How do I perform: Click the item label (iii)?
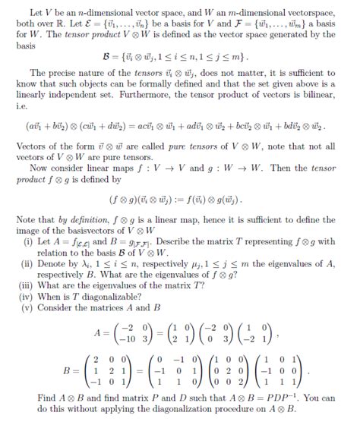[x=28, y=280]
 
